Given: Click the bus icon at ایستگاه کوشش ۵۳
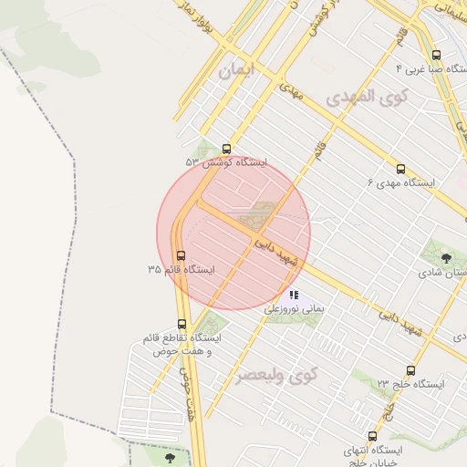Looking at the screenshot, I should click(226, 149).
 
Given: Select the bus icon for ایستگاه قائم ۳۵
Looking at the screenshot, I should click(181, 256).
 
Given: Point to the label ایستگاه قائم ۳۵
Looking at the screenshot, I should click(181, 271).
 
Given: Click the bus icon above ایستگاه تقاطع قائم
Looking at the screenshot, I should click(182, 324).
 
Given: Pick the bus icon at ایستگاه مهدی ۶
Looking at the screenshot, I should click(400, 169).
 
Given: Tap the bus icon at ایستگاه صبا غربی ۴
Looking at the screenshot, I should click(436, 55).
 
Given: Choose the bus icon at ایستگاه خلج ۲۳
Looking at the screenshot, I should click(410, 370).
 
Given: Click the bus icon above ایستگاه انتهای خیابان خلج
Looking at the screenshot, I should click(372, 436).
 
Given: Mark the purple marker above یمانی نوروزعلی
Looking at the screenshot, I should click(294, 295).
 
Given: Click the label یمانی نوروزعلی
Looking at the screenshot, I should click(294, 310).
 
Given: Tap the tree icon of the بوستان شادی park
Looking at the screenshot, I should click(446, 258).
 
